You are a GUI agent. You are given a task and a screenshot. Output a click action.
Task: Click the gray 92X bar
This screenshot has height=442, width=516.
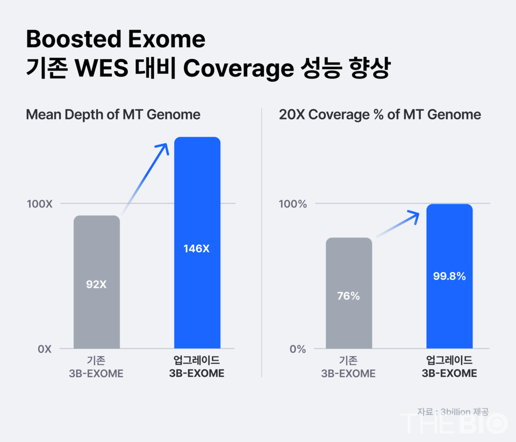click(x=97, y=282)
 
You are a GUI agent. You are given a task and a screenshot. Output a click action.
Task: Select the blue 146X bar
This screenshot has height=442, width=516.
click(x=197, y=242)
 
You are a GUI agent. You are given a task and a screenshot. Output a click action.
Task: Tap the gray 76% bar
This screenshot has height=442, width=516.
click(x=349, y=293)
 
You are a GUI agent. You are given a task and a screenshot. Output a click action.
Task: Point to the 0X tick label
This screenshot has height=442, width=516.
click(x=45, y=349)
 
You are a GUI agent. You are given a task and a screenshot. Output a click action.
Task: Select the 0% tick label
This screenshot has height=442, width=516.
click(x=297, y=349)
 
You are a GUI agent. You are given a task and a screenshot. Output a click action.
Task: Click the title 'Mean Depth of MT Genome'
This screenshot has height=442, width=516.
click(x=113, y=115)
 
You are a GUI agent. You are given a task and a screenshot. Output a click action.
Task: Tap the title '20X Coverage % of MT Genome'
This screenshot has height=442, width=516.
click(x=380, y=115)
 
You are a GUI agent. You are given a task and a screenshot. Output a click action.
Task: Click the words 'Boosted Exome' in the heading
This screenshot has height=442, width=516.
click(x=116, y=39)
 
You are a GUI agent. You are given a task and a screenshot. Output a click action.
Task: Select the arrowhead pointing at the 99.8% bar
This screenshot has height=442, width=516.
click(x=413, y=215)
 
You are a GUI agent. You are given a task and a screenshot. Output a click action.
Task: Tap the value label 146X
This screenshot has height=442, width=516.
click(x=197, y=249)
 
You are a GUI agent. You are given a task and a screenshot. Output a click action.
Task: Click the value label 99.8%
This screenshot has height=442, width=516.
click(x=449, y=277)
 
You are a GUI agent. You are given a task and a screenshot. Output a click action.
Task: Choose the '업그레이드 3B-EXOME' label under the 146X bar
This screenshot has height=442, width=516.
click(x=197, y=366)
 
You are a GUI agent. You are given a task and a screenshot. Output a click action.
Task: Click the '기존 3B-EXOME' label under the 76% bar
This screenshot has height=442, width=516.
click(x=348, y=366)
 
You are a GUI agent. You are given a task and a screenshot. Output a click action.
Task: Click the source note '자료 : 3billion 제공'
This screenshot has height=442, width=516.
click(x=453, y=411)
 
